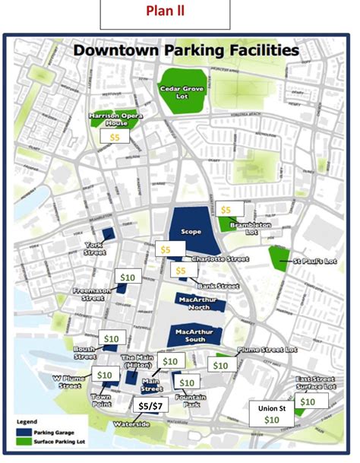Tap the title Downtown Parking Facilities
click(x=185, y=51)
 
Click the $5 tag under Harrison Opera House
click(x=115, y=137)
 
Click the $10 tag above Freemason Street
click(x=127, y=277)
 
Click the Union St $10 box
click(x=272, y=414)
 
